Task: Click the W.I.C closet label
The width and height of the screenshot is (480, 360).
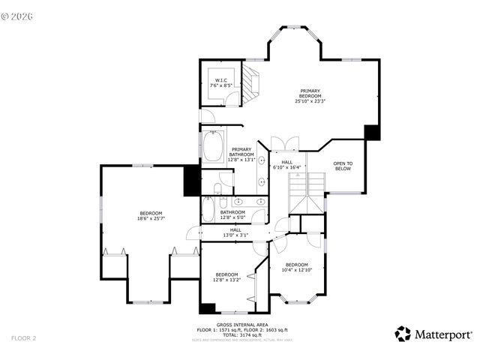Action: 221,83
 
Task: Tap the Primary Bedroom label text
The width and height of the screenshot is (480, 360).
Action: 310,95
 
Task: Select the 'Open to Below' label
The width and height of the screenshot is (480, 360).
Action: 343,166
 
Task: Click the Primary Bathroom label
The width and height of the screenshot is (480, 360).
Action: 242,154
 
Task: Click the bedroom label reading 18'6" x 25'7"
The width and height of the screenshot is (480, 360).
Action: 151,215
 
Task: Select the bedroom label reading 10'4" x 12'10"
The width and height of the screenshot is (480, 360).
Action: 295,267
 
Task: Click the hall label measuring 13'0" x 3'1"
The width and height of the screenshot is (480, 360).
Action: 235,232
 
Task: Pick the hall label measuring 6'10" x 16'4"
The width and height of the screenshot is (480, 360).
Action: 286,164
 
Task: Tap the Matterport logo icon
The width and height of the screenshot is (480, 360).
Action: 403,334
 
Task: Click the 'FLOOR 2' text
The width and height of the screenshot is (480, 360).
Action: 24,338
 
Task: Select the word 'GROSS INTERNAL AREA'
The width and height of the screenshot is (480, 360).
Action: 241,325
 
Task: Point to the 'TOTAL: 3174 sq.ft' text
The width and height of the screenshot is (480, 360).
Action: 241,334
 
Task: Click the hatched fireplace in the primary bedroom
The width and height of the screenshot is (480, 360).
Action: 252,78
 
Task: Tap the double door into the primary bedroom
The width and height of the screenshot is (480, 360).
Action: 285,142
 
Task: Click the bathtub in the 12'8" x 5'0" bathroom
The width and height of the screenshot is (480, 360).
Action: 208,208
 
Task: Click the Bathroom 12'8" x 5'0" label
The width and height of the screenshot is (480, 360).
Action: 232,215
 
